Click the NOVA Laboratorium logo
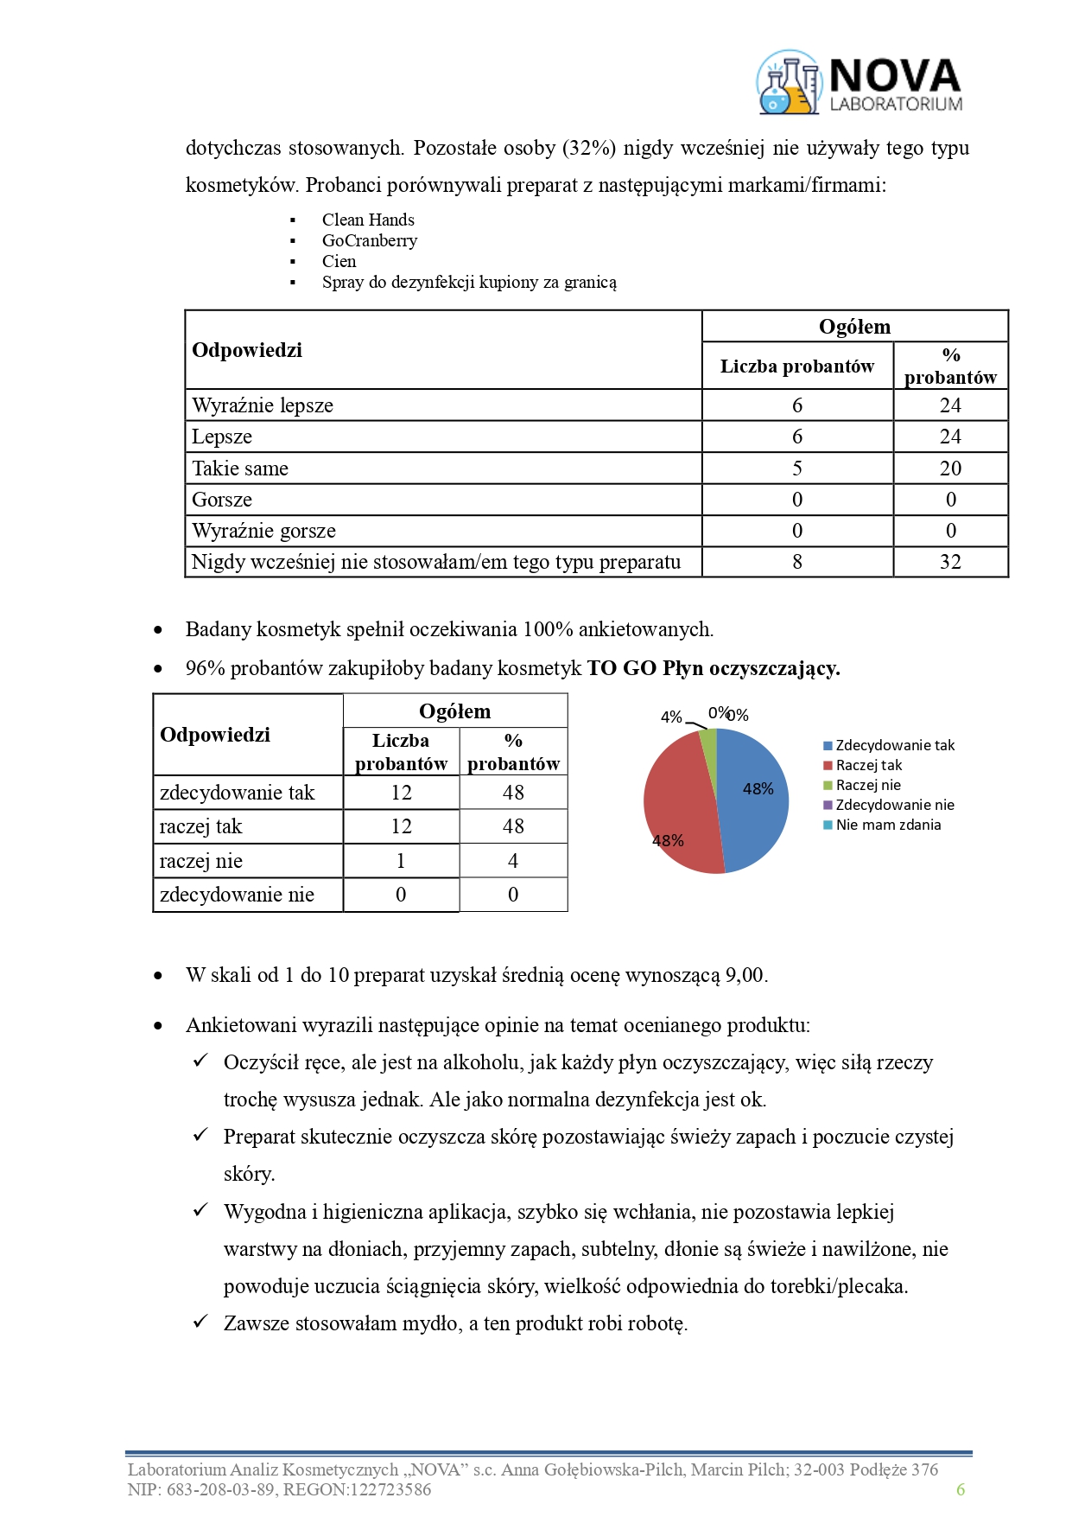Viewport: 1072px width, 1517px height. coord(860,84)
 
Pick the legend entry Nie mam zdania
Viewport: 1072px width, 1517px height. coord(888,825)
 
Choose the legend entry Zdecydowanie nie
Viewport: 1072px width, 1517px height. coord(895,805)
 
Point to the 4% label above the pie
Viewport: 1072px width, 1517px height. coord(671,717)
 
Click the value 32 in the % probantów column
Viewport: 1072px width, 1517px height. coord(950,562)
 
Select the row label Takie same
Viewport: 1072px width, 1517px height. coord(240,468)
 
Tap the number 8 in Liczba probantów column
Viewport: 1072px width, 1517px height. coord(797,562)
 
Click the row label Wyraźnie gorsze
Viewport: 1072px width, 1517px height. coord(263,531)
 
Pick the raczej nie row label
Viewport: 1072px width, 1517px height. coord(201,861)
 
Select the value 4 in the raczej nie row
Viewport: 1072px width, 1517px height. coord(513,861)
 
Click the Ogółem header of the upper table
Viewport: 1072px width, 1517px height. coord(854,327)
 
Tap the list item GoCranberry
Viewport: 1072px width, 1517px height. coord(370,240)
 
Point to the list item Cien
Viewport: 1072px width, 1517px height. coord(339,261)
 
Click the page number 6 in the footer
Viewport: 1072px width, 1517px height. coord(961,1489)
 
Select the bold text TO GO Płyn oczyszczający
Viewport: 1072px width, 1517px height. coord(714,668)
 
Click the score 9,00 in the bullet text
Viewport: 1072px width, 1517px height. coord(745,975)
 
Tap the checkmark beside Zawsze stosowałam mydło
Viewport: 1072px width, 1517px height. coord(200,1322)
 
